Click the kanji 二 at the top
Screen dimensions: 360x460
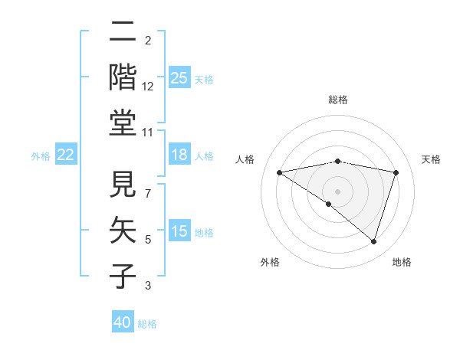pyautogui.click(x=123, y=34)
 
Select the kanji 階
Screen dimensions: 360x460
pyautogui.click(x=123, y=78)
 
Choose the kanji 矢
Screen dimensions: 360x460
pyautogui.click(x=123, y=231)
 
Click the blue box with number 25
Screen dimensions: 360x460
pyautogui.click(x=179, y=78)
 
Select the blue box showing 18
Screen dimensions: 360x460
pyautogui.click(x=179, y=155)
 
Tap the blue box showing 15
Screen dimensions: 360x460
pyautogui.click(x=179, y=232)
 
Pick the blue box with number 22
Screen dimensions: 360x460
pyautogui.click(x=65, y=155)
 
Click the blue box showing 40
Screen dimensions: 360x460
pyautogui.click(x=123, y=322)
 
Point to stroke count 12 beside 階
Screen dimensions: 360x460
pyautogui.click(x=148, y=87)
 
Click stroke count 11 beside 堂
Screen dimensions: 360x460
pyautogui.click(x=148, y=133)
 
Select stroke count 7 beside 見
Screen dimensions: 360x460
pyautogui.click(x=148, y=185)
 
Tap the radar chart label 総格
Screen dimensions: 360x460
pyautogui.click(x=337, y=100)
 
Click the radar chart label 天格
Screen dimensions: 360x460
pyautogui.click(x=432, y=159)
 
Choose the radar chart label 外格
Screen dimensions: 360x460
pyautogui.click(x=270, y=262)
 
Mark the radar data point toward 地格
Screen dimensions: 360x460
pyautogui.click(x=373, y=242)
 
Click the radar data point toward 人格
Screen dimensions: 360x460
pyautogui.click(x=279, y=172)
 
